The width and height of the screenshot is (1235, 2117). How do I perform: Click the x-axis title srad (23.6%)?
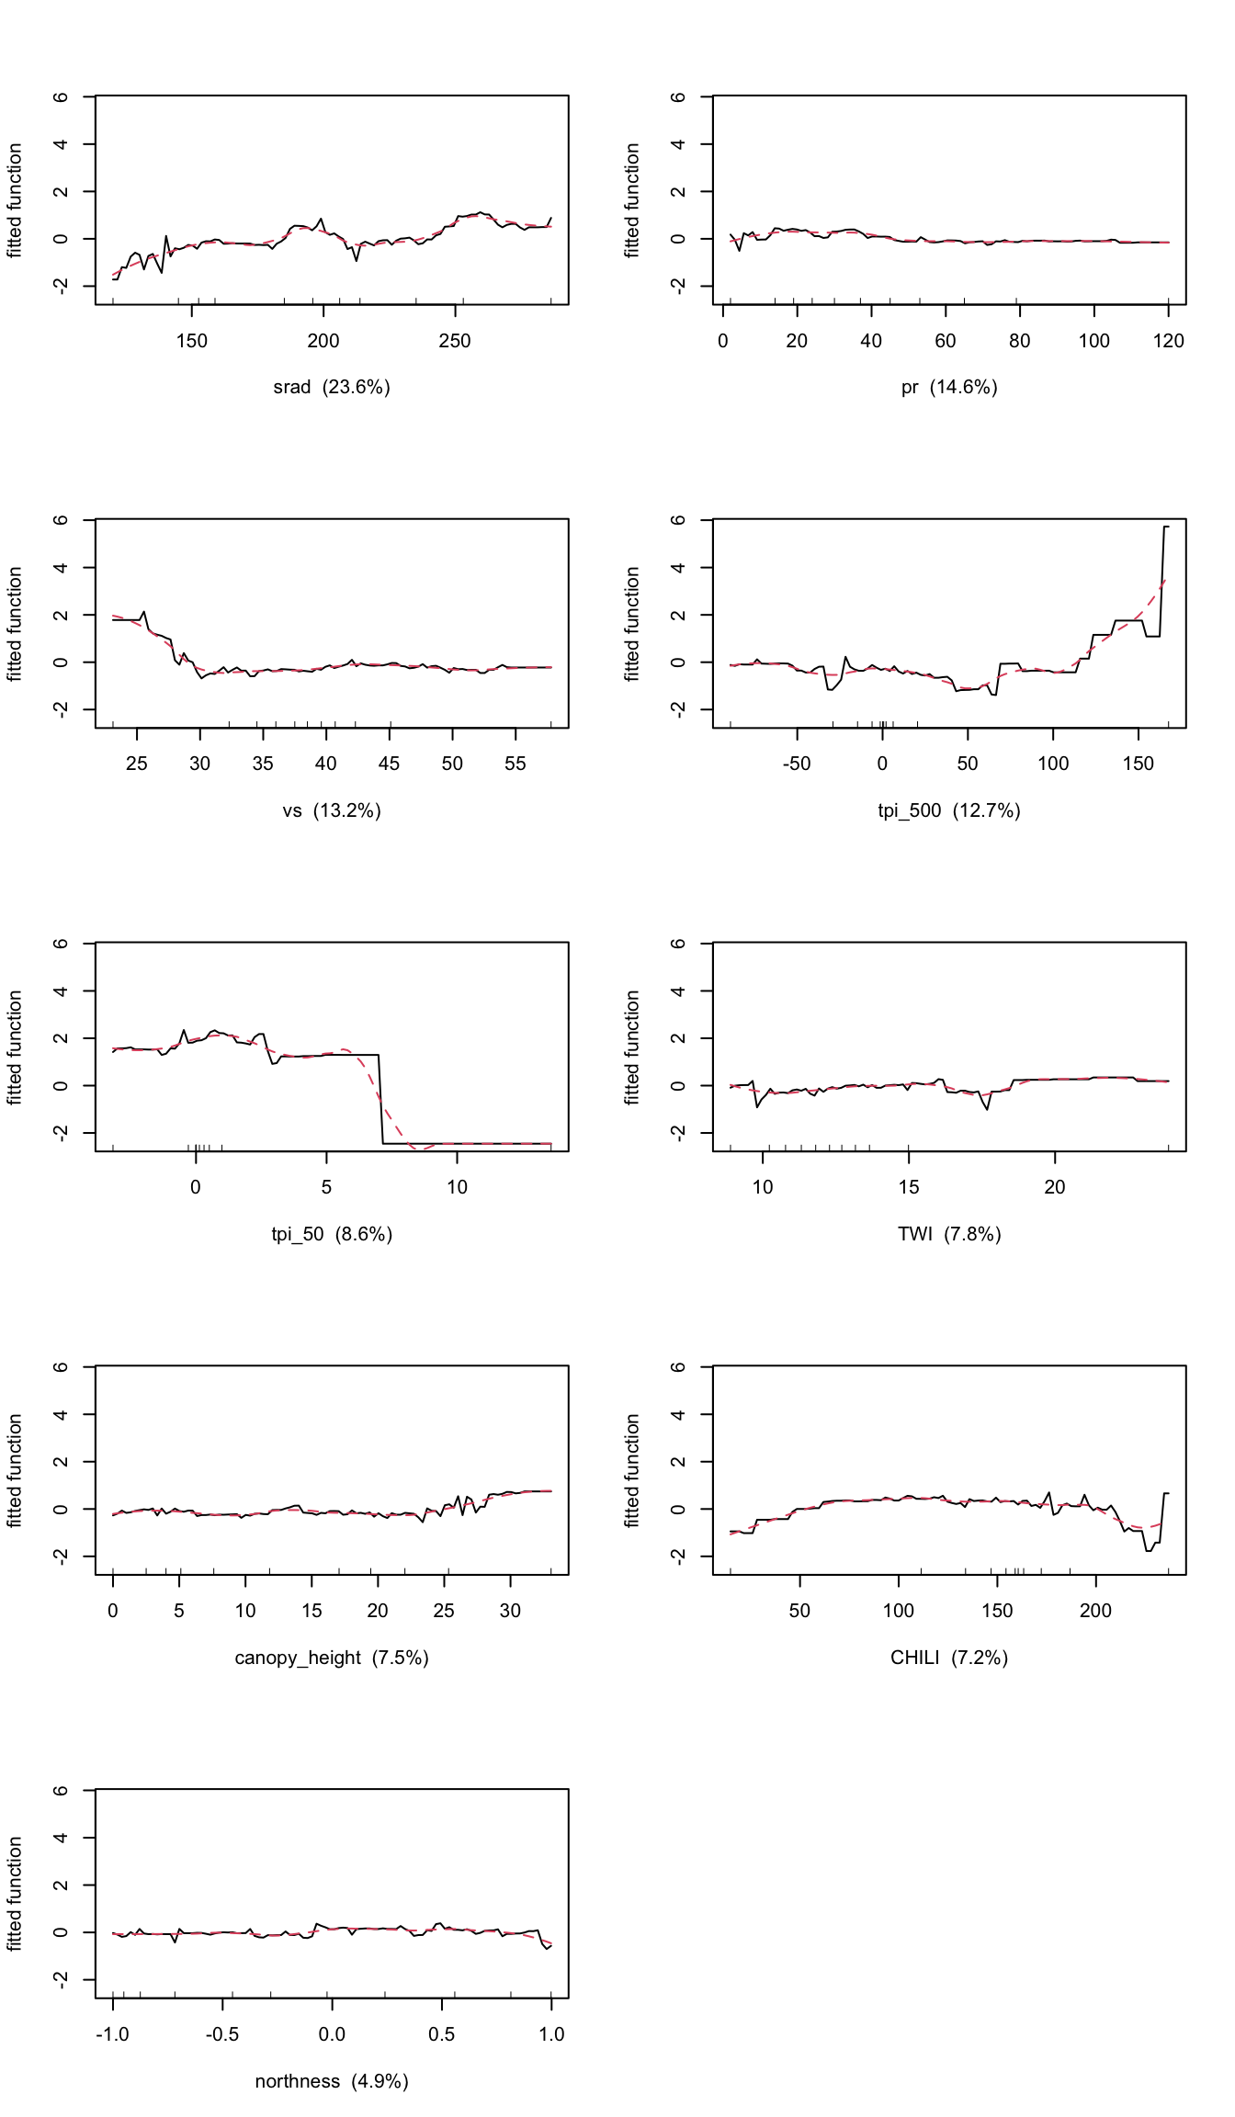pos(332,387)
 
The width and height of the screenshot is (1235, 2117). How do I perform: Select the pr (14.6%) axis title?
pos(949,387)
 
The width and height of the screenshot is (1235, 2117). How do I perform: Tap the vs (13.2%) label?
pos(332,810)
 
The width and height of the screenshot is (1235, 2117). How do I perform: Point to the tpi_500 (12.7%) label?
pos(949,810)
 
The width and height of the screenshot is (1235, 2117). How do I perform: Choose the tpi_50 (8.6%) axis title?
pos(332,1234)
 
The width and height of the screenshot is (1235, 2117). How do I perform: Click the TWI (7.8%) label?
pos(949,1234)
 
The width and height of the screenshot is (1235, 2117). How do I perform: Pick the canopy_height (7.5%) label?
pos(332,1658)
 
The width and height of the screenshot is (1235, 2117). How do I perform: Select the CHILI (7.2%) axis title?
pos(949,1658)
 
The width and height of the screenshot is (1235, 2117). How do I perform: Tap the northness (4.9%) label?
pos(332,2081)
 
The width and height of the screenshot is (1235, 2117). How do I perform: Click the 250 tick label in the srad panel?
pos(455,341)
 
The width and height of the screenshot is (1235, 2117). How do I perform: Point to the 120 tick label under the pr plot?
pos(1169,341)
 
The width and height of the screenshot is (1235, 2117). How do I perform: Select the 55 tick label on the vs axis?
pos(516,764)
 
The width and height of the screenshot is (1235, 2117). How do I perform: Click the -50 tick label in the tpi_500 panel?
pos(796,764)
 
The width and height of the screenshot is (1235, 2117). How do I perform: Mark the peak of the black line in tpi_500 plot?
pos(1166,526)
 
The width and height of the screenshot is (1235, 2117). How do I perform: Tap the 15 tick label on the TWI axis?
pos(909,1187)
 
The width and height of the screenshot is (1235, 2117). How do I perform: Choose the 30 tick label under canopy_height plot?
pos(510,1611)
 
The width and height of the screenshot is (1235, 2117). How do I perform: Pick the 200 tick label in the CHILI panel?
pos(1095,1611)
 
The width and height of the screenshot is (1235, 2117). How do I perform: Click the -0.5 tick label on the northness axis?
pos(221,2034)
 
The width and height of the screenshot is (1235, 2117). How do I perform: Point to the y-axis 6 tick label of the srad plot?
pos(61,96)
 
